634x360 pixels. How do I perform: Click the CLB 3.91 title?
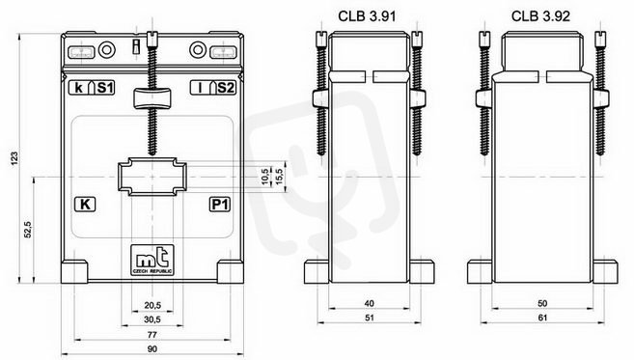click(x=367, y=16)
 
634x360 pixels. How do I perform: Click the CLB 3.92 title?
click(x=540, y=16)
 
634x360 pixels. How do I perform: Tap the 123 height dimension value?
click(x=15, y=158)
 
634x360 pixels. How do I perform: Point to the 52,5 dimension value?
click(x=28, y=230)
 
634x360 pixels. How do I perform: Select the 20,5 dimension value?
click(x=152, y=305)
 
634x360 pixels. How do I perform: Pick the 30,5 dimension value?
click(x=152, y=319)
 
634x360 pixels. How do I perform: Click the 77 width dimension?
click(x=152, y=335)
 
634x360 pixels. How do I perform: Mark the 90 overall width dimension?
click(x=152, y=349)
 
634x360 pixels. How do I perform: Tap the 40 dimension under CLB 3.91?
click(x=370, y=303)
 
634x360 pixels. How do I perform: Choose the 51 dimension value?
click(x=370, y=318)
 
